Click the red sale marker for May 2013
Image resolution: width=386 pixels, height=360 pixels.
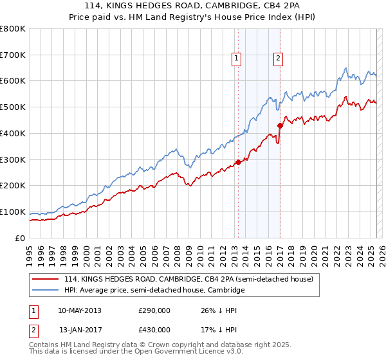click(238, 162)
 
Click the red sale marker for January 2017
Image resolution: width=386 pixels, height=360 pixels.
click(280, 125)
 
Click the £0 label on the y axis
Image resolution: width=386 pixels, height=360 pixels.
click(21, 238)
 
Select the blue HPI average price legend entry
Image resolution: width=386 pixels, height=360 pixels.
click(154, 291)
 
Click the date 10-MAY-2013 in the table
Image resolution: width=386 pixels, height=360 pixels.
click(80, 310)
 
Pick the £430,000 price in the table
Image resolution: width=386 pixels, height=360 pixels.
click(154, 330)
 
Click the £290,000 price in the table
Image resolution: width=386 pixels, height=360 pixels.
click(154, 310)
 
